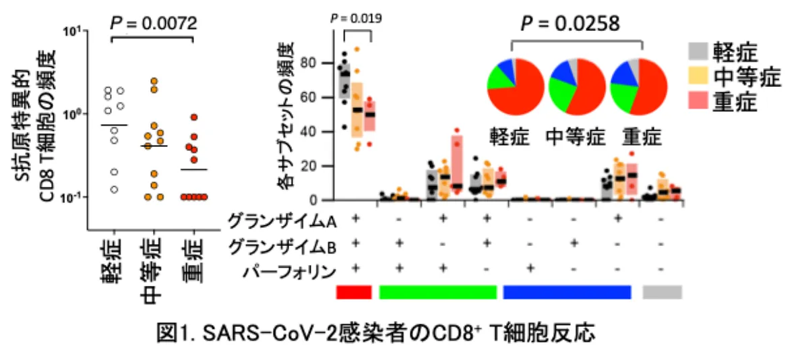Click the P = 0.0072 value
(x=154, y=23)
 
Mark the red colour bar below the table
(x=354, y=292)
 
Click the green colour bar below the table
(x=438, y=292)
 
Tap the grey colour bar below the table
(x=663, y=292)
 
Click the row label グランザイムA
(x=281, y=220)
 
